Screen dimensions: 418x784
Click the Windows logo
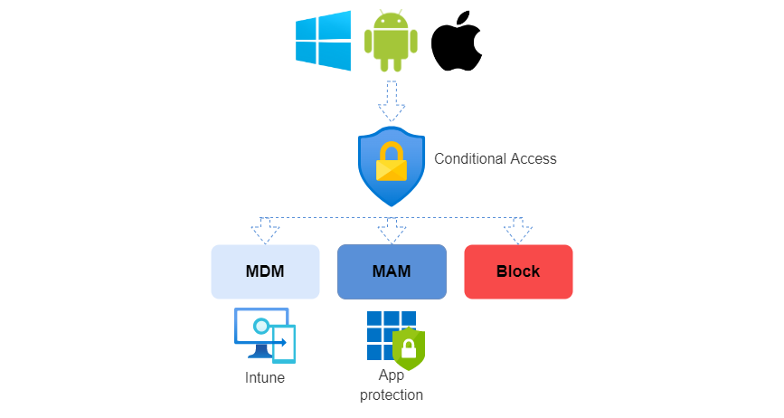(323, 41)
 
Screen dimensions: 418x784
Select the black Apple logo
(457, 44)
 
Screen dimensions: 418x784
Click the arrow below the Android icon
(391, 100)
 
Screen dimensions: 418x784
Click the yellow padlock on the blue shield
(392, 163)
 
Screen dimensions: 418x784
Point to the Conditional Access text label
(496, 158)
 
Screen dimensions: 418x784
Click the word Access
(533, 158)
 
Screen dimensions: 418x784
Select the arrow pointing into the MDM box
(265, 231)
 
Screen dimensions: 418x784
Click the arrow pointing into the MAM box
(392, 231)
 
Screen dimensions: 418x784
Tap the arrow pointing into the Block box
(518, 231)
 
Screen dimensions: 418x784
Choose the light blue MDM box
(265, 271)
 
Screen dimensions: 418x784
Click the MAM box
(392, 271)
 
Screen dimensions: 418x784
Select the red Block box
(518, 271)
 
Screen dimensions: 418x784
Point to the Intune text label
(265, 377)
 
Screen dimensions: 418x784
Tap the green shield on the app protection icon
(409, 348)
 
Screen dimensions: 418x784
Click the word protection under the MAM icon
(392, 395)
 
